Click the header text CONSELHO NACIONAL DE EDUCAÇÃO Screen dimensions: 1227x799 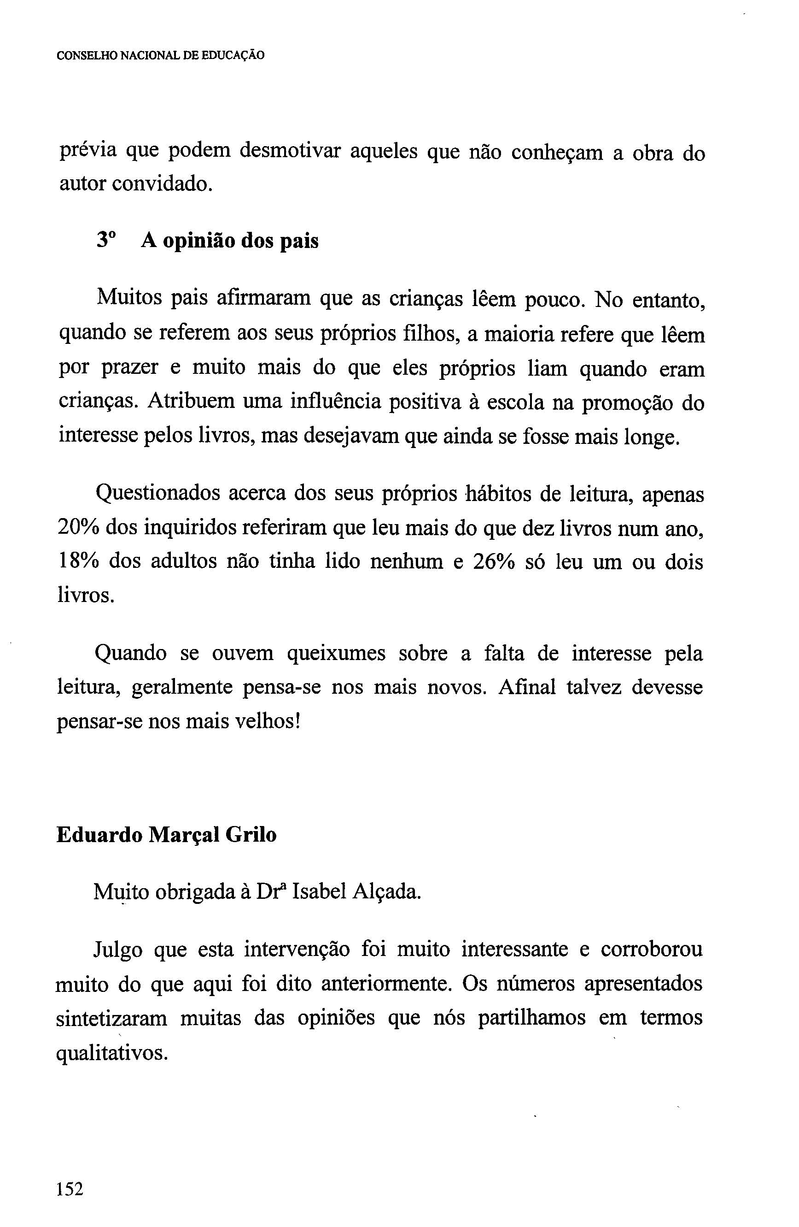point(161,56)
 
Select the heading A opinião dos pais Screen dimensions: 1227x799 point(230,241)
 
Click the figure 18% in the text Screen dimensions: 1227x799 point(78,561)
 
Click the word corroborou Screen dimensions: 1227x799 point(651,949)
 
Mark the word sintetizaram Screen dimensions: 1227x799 point(112,1018)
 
